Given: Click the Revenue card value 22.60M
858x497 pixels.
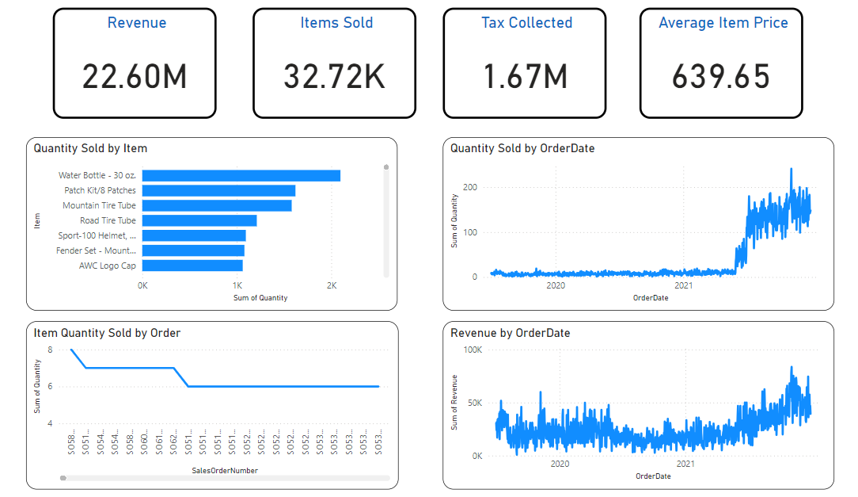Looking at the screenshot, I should (x=135, y=77).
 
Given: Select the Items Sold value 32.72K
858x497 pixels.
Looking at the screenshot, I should (x=334, y=77).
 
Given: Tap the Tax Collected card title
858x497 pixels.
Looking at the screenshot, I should (x=526, y=23).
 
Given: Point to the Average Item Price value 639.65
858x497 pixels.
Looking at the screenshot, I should (x=721, y=77).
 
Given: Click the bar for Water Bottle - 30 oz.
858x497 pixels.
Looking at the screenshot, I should (x=241, y=176).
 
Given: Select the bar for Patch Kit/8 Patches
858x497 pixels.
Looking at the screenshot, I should (x=218, y=191).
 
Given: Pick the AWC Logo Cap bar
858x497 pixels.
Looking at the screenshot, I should (x=192, y=266).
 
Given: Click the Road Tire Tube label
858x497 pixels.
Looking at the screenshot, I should (x=108, y=221).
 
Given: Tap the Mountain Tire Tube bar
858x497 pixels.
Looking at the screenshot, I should (x=217, y=206).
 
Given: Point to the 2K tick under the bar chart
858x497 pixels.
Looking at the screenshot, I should (x=332, y=285).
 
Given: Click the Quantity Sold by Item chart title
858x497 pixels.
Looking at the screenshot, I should (x=90, y=148).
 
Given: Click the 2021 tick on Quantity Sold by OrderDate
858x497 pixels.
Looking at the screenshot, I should (x=682, y=285).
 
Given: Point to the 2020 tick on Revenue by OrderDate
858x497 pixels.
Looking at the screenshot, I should (x=560, y=465).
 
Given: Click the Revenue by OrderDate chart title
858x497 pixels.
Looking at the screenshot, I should (x=510, y=333).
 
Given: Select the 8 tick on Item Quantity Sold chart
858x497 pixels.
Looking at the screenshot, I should (x=50, y=350).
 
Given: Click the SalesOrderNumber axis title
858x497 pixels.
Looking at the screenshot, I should (x=225, y=471).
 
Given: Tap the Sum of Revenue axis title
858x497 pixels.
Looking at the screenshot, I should (x=455, y=403).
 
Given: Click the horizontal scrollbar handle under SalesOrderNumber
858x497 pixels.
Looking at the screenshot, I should (x=63, y=478).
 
